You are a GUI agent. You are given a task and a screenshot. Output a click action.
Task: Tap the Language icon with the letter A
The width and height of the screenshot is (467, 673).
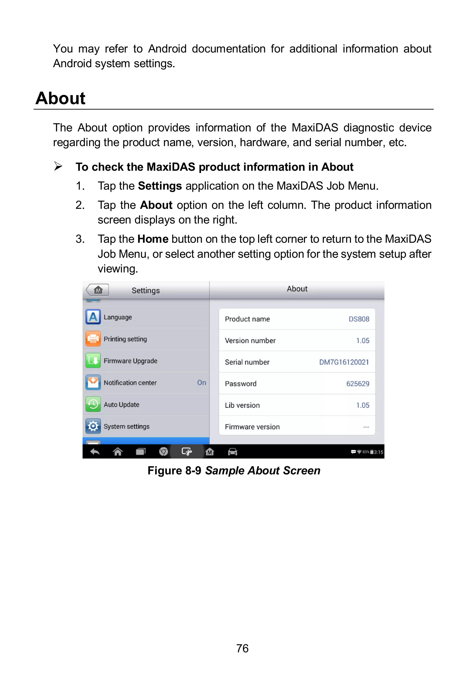[93, 317]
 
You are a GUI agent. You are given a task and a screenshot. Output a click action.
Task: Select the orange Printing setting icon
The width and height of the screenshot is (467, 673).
[93, 339]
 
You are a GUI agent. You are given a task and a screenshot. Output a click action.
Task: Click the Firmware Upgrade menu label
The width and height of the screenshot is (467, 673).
[130, 361]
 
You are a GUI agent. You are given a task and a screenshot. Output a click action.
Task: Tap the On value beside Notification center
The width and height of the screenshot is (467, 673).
[201, 382]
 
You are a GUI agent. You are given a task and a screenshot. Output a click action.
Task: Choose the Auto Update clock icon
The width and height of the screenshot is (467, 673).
[93, 404]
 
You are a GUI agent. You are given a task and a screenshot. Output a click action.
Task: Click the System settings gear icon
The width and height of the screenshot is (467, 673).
[93, 426]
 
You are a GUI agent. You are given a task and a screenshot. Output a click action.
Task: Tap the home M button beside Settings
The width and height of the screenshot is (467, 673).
[98, 290]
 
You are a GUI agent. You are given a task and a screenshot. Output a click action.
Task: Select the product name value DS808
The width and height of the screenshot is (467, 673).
[359, 319]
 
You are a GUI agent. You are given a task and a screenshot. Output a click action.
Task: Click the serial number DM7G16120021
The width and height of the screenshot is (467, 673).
[344, 362]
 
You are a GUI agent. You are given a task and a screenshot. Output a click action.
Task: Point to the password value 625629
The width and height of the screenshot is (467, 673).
[358, 384]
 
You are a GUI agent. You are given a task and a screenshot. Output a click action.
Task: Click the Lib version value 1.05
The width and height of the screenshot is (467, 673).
[363, 405]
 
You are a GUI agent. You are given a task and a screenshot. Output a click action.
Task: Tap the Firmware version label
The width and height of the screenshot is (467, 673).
[252, 427]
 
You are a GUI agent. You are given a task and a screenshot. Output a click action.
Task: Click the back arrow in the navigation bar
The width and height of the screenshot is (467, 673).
[95, 452]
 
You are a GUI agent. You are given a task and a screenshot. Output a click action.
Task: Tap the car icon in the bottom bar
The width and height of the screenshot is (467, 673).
[232, 452]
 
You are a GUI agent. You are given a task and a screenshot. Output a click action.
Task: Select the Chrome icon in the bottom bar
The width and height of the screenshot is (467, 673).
[163, 452]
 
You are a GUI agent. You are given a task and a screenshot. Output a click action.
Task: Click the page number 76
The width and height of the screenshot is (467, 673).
[242, 648]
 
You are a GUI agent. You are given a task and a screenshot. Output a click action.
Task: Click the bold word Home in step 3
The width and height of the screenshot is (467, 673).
[153, 239]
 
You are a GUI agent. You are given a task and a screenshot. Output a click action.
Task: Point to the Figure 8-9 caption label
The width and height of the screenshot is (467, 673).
[174, 470]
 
